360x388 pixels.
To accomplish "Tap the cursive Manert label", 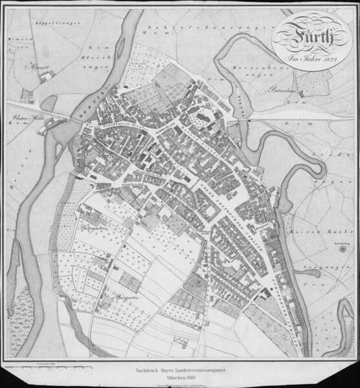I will (x=32, y=65).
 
